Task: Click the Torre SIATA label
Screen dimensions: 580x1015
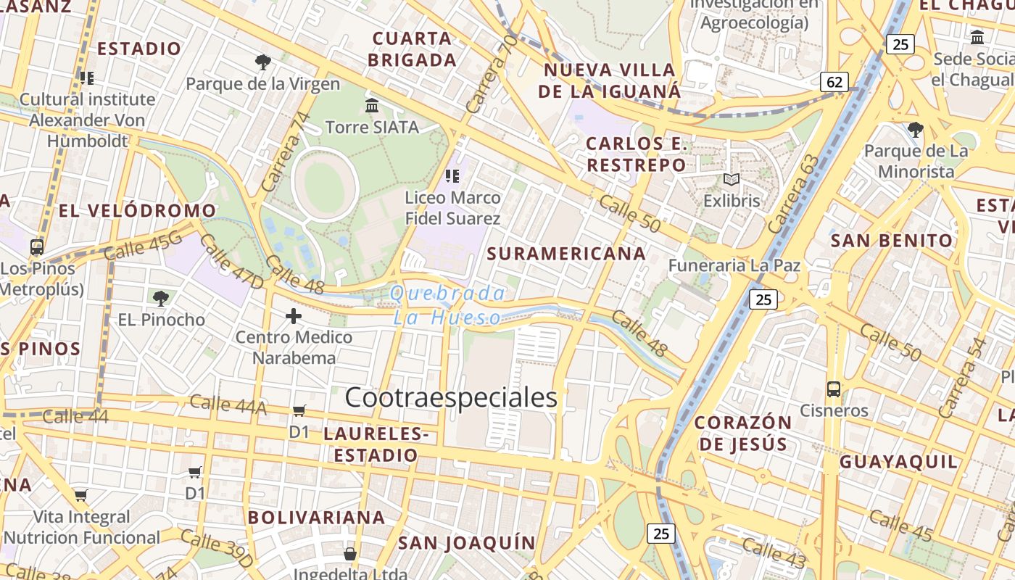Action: (372, 128)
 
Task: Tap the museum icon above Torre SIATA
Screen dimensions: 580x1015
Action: (372, 106)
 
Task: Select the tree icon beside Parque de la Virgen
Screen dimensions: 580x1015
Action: (262, 62)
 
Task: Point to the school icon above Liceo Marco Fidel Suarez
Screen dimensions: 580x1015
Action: (452, 175)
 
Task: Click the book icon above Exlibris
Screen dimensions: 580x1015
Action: (732, 179)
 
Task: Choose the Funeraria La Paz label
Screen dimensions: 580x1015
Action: (734, 265)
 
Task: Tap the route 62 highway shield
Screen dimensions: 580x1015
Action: (834, 82)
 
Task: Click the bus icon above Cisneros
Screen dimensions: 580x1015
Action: (834, 389)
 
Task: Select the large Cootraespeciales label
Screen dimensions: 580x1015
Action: (451, 397)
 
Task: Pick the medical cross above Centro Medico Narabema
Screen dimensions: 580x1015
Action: (294, 316)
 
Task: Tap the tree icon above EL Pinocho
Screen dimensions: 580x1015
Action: (161, 297)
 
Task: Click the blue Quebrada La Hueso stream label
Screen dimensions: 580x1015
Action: (447, 305)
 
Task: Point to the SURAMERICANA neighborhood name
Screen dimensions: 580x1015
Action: (566, 254)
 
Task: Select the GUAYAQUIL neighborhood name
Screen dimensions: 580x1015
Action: (898, 462)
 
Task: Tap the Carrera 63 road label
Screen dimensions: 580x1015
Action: (795, 194)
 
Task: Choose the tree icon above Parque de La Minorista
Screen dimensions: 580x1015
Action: (915, 130)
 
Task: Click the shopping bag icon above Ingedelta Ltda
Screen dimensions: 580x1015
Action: (350, 555)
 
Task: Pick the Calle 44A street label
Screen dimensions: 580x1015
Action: (228, 405)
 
